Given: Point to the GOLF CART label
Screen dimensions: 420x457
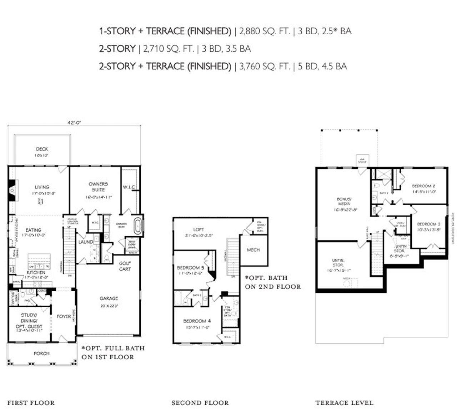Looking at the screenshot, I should click(x=125, y=266).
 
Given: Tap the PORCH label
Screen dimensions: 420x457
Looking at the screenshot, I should click(x=41, y=354).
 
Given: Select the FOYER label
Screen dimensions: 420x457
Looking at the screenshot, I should click(x=64, y=316).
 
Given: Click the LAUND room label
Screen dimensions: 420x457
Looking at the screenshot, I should click(x=86, y=242).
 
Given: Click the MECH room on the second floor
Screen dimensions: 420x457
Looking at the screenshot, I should click(x=253, y=250).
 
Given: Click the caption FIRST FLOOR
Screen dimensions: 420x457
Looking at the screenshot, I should click(x=31, y=403).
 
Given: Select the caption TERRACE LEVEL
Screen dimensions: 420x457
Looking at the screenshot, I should click(x=345, y=403).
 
